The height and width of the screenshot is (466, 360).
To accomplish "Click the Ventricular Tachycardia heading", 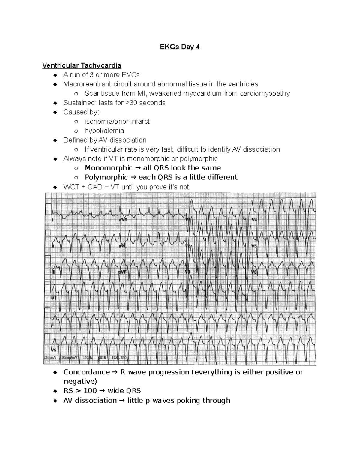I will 82,65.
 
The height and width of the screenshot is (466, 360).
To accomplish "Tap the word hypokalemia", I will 104,131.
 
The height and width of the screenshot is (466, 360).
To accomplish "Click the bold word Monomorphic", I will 109,168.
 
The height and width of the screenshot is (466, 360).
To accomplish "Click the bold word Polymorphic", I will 106,177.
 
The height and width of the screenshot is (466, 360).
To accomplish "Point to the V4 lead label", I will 254,220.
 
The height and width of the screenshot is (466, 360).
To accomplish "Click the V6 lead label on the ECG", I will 254,272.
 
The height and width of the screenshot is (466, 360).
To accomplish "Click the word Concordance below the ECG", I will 87,372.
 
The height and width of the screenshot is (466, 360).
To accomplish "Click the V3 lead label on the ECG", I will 188,272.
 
